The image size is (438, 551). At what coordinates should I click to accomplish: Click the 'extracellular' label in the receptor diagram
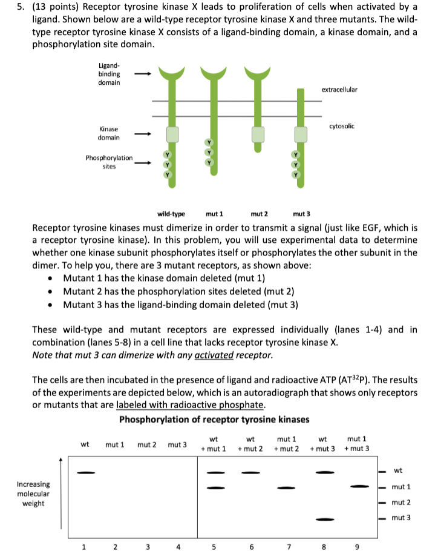click(x=339, y=90)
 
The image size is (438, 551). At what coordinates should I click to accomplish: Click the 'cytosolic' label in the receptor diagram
click(x=342, y=126)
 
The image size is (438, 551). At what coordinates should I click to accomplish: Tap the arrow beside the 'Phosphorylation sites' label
click(x=142, y=162)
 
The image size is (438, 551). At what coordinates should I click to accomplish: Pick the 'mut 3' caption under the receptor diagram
click(x=301, y=214)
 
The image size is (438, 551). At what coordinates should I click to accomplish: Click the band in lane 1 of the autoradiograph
click(x=85, y=472)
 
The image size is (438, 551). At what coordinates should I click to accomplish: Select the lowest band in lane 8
click(x=325, y=519)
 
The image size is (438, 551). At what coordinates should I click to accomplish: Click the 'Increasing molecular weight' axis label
click(x=33, y=493)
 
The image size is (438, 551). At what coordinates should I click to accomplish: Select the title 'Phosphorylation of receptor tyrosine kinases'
click(x=214, y=419)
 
